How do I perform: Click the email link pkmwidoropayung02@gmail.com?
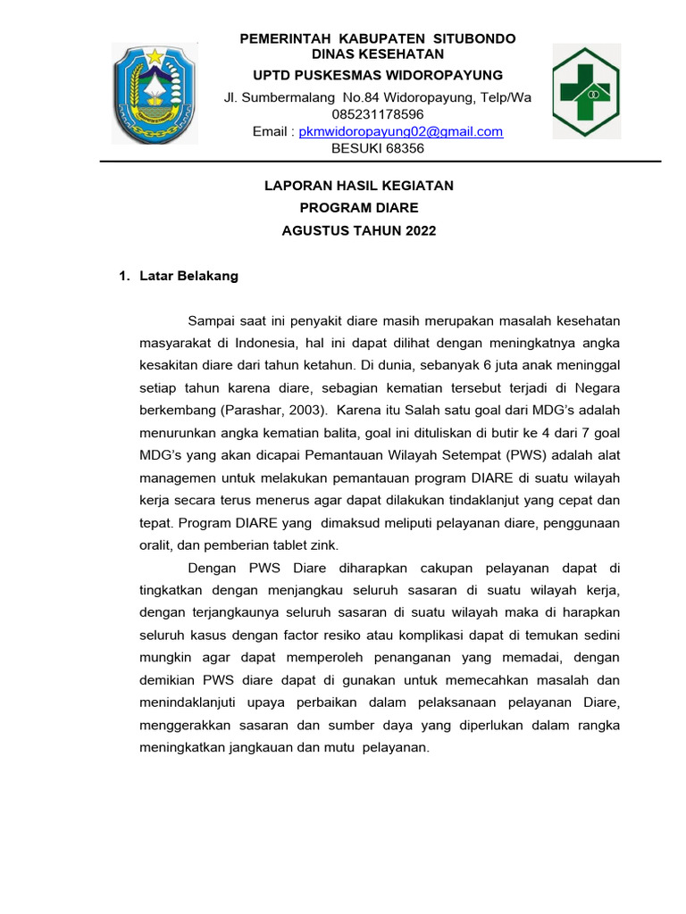point(400,131)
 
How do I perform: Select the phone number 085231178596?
point(378,114)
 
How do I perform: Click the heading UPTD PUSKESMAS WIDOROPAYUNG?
point(378,74)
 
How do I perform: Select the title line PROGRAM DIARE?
point(359,208)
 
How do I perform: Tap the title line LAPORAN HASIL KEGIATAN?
point(359,186)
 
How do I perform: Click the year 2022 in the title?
point(421,230)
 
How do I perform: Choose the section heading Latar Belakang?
point(188,276)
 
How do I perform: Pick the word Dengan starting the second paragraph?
point(213,568)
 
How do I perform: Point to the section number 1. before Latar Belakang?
point(125,276)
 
